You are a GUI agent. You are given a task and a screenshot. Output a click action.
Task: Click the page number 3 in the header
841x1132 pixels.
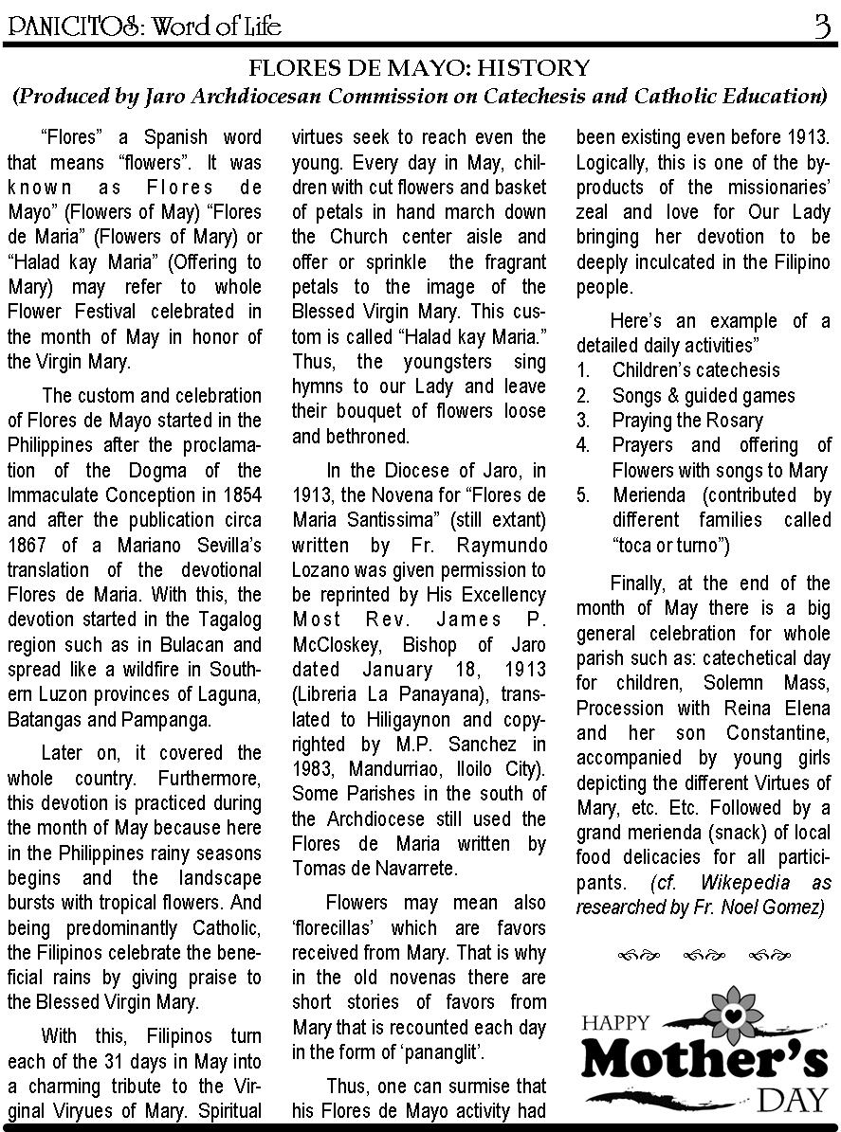pos(820,26)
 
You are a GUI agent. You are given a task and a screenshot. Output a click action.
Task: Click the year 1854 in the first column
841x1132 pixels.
pos(242,494)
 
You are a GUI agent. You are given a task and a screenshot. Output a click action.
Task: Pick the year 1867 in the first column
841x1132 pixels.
pos(27,545)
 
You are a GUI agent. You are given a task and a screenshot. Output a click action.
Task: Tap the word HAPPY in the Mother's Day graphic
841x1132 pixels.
pos(615,1022)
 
